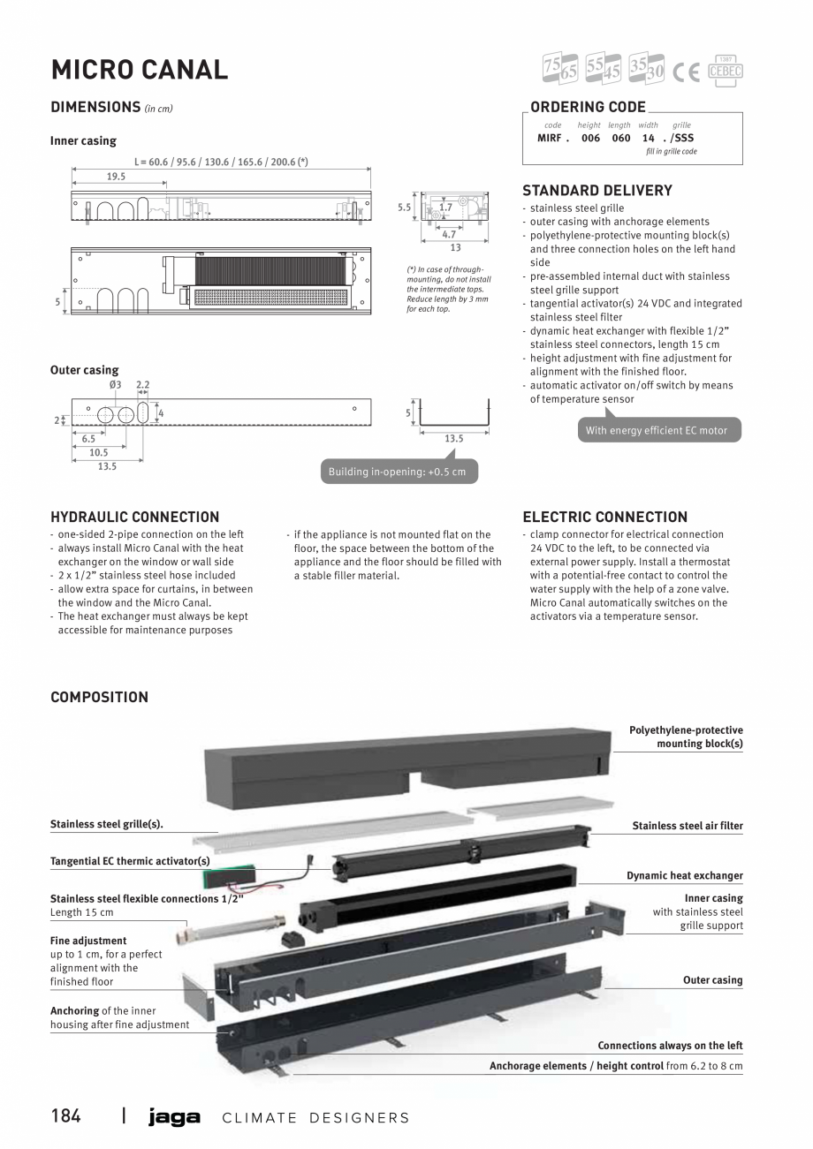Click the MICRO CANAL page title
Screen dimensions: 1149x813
coord(139,69)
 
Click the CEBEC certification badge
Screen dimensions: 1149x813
coord(726,71)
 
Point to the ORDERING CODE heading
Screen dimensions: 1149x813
coord(588,107)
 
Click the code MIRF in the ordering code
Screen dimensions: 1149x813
coord(551,138)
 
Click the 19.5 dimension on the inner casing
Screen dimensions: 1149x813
coord(116,177)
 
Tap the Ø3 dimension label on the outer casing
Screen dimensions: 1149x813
coord(115,385)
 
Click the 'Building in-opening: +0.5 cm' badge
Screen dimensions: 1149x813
coord(397,472)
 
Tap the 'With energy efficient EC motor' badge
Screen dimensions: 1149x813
coord(656,430)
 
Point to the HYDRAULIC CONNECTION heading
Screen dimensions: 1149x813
coord(134,517)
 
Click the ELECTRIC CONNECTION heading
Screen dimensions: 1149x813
coord(604,517)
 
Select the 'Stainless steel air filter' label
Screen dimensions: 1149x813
coord(687,826)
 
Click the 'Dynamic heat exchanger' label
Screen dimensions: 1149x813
coord(684,875)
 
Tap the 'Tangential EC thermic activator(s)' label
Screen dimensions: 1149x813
coord(130,861)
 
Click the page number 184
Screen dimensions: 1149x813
coord(65,1116)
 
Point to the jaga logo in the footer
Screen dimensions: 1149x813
coord(174,1117)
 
